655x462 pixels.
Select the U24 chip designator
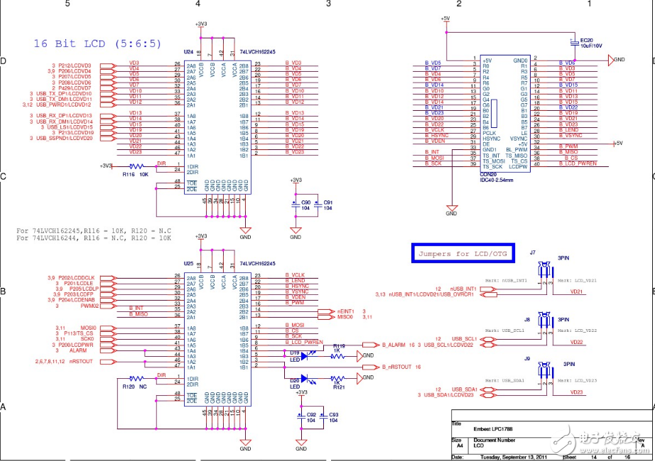188,52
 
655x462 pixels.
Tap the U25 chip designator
188,263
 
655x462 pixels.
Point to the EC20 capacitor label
586,40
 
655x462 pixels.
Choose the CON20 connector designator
489,172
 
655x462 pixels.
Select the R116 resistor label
128,173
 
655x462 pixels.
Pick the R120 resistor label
128,387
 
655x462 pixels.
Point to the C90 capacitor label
306,203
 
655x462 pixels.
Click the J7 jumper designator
532,253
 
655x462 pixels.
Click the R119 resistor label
339,346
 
